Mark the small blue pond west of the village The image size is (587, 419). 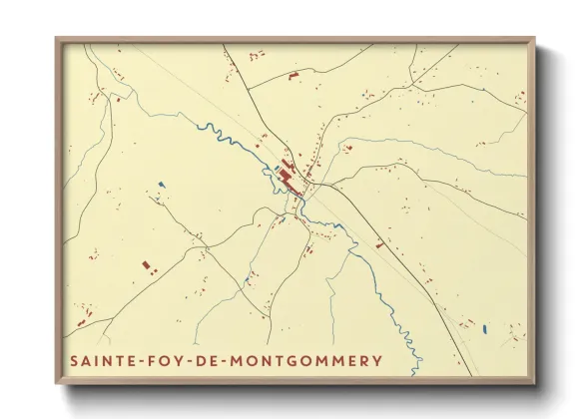(x=161, y=184)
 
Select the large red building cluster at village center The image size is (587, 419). (x=289, y=181)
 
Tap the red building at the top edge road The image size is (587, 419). (x=293, y=75)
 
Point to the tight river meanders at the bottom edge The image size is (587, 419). (x=410, y=344)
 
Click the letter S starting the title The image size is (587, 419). (x=75, y=360)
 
